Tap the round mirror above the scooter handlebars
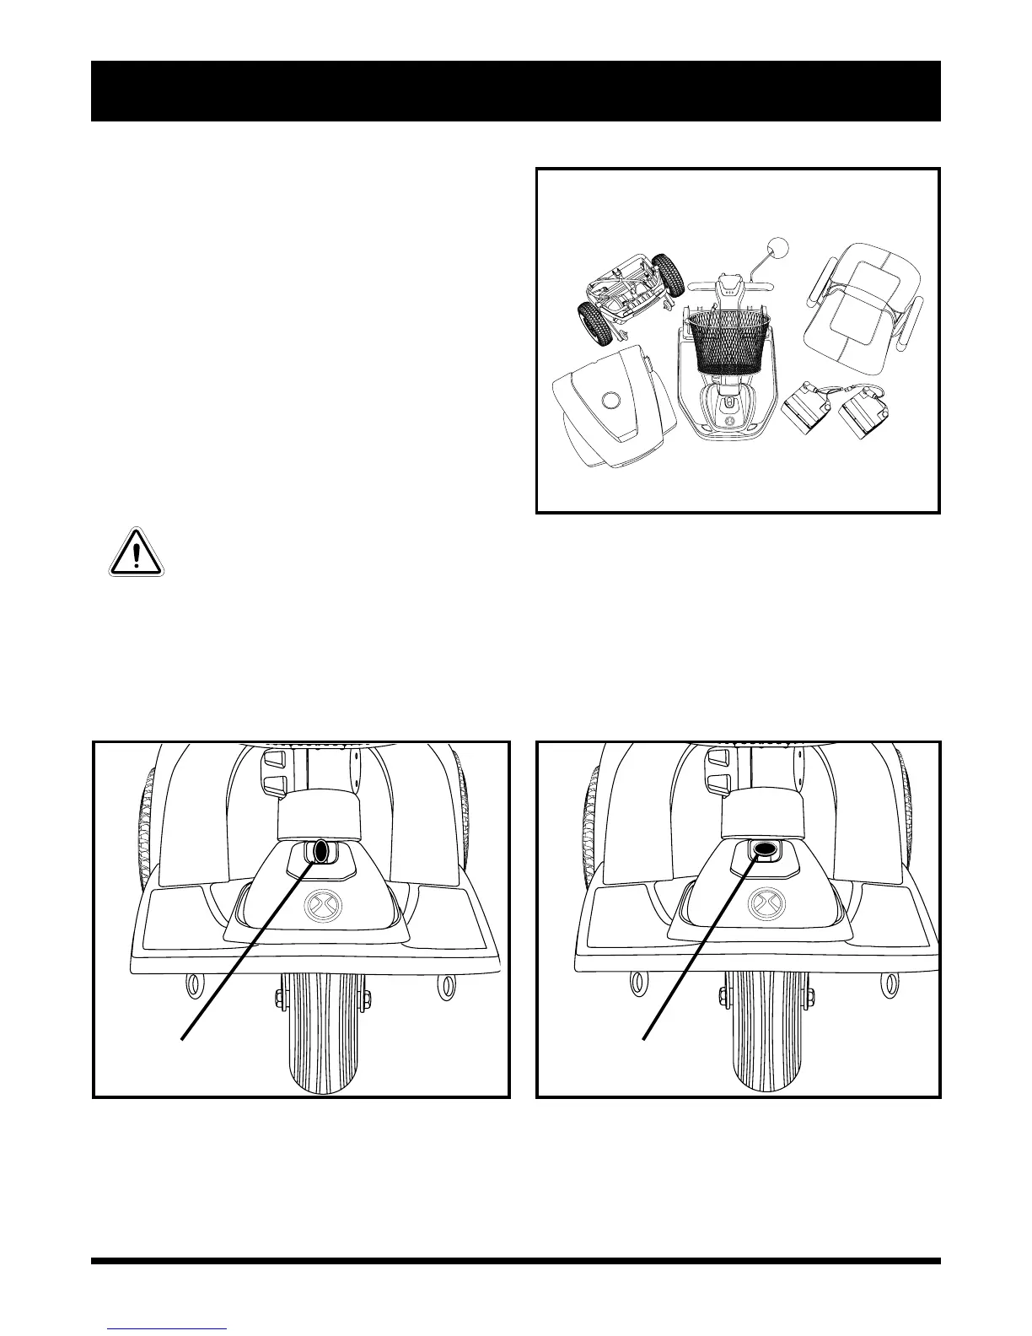(x=780, y=249)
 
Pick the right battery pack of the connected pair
(x=864, y=417)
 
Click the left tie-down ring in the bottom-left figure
(x=193, y=984)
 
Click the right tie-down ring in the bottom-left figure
(x=443, y=984)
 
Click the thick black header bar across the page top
(x=515, y=91)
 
